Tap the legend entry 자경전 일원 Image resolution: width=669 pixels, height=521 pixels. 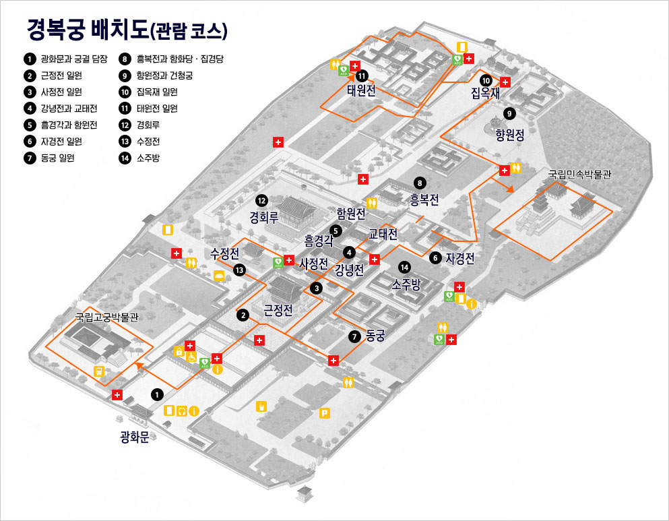click(61, 142)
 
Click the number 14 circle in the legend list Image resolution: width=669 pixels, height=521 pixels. click(125, 158)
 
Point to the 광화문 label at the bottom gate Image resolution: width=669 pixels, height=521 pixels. click(134, 437)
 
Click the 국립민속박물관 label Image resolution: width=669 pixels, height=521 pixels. click(579, 174)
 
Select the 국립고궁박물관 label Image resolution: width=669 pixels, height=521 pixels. click(106, 316)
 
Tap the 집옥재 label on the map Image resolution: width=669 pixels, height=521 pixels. click(485, 94)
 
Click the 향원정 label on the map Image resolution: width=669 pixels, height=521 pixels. click(509, 134)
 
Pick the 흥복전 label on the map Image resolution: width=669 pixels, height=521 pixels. click(424, 200)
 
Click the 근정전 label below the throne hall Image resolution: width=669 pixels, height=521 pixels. click(278, 311)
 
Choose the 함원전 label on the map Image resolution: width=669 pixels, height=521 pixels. click(351, 214)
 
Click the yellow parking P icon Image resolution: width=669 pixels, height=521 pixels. click(325, 412)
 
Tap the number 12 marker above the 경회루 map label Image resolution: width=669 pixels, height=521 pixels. click(261, 200)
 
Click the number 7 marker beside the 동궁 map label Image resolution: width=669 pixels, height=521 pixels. click(355, 336)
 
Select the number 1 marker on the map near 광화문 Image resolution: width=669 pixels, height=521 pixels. click(157, 394)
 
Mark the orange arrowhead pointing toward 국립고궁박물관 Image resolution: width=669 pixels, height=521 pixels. click(140, 366)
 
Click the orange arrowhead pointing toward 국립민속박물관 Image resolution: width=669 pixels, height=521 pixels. click(510, 189)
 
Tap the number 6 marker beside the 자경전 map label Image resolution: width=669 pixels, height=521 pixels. click(435, 257)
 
